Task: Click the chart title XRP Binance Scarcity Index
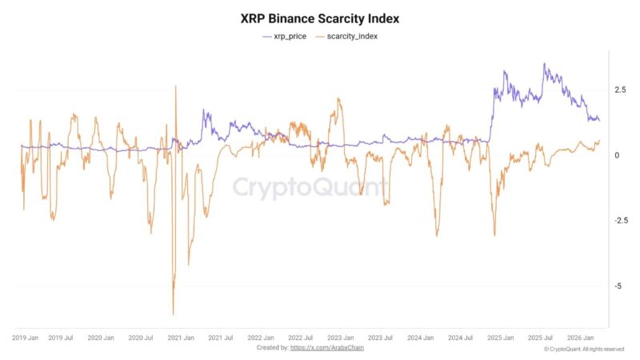click(x=319, y=18)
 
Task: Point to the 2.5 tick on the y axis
click(x=620, y=90)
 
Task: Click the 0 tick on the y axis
click(x=616, y=155)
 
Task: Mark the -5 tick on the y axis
click(x=616, y=286)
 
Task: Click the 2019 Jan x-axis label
click(x=26, y=338)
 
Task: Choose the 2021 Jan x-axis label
click(x=181, y=338)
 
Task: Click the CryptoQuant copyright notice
click(x=584, y=349)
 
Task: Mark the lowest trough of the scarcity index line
click(x=173, y=314)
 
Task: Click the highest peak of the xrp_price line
click(x=544, y=64)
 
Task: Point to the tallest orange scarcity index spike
click(x=175, y=86)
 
